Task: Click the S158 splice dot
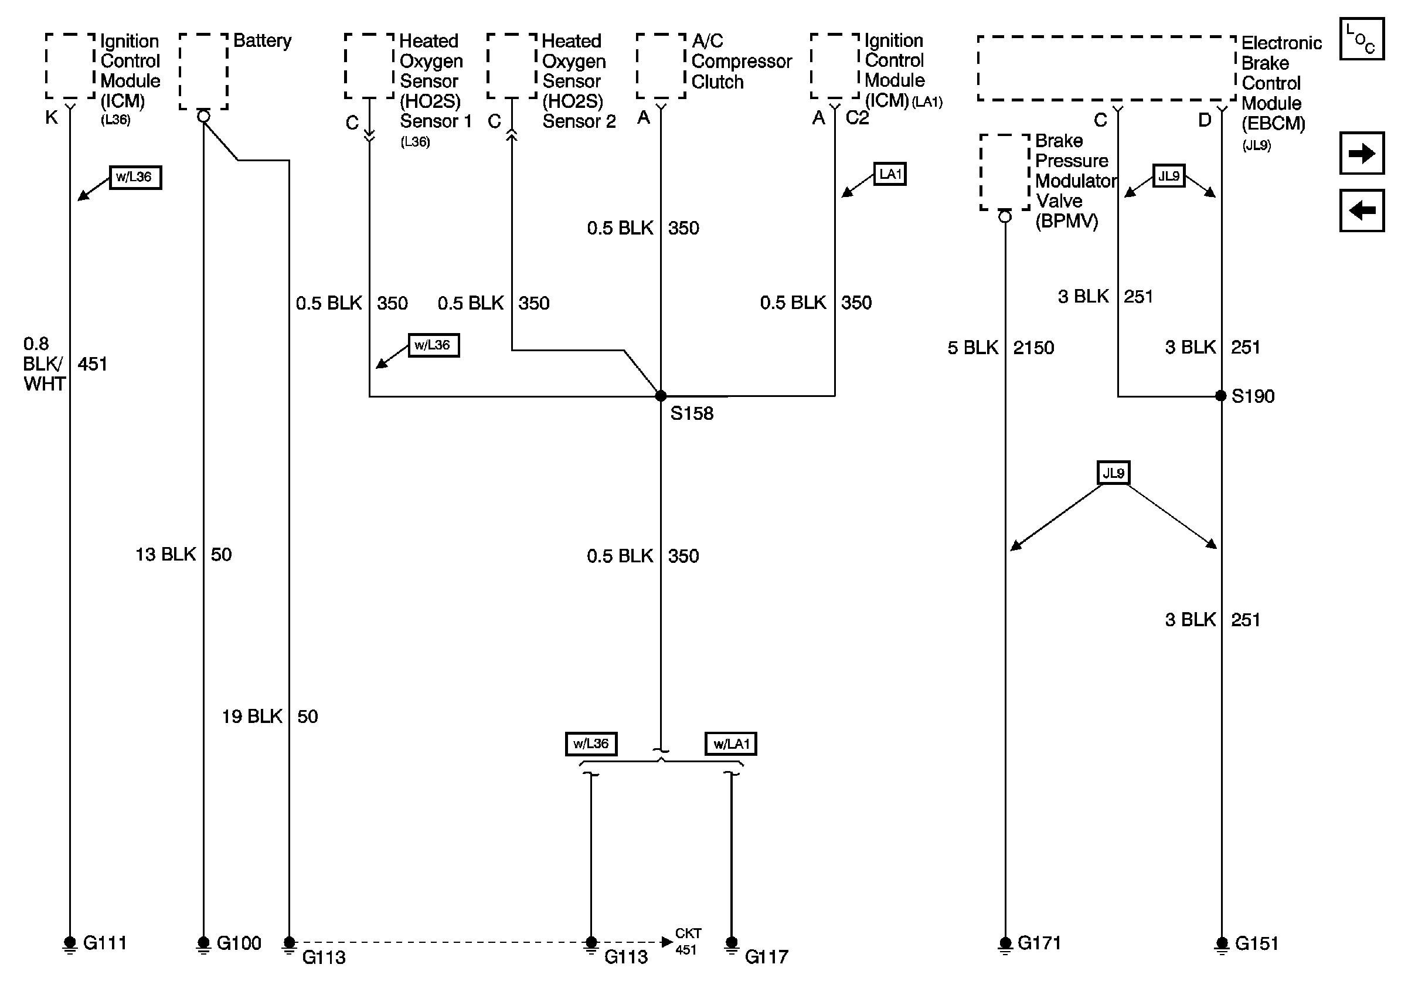661,396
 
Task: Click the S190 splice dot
1220,396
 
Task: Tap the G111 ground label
105,943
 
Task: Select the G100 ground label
239,943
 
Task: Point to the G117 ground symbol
731,945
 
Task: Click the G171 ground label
1039,943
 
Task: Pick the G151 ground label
1257,943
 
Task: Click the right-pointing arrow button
1361,152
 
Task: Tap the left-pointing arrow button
1361,210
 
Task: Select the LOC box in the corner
1361,39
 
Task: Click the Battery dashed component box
203,72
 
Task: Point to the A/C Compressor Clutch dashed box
661,66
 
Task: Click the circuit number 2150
1033,348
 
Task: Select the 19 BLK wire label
252,717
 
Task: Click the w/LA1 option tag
730,744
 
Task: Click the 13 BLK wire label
165,555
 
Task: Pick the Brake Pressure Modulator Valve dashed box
1005,172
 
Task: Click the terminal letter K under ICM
52,118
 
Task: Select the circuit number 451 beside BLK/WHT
92,364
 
